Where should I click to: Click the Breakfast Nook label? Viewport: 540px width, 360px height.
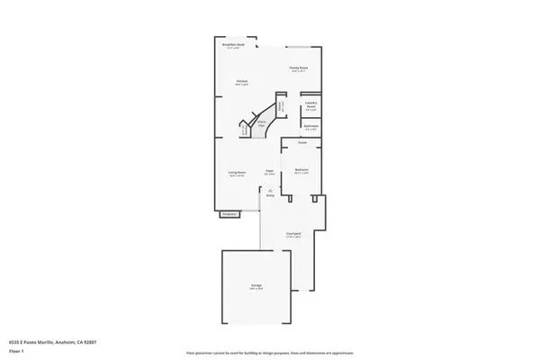tap(232, 45)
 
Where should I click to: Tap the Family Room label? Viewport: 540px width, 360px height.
tap(300, 67)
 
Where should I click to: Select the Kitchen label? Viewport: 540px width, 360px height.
tap(242, 81)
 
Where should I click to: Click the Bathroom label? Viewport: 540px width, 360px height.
tap(310, 126)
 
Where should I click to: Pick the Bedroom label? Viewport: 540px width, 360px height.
tap(302, 169)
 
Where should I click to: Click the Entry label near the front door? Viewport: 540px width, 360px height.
tap(269, 193)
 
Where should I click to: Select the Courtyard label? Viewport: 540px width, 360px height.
tap(293, 232)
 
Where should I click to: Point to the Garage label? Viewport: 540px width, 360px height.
tap(256, 286)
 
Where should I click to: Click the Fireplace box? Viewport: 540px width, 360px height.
tap(229, 214)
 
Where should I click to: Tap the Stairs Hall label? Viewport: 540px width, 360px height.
tap(262, 124)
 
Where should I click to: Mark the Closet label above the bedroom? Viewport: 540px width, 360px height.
tap(303, 141)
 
